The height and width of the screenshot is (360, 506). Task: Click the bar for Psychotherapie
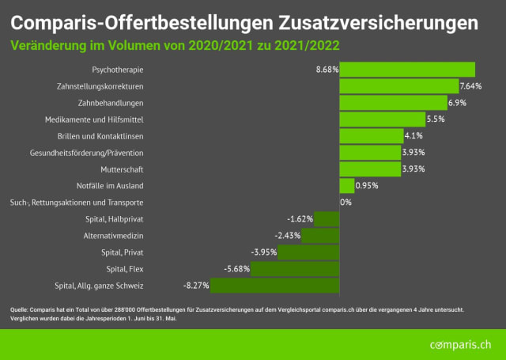point(407,69)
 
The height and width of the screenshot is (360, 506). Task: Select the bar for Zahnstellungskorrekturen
point(398,85)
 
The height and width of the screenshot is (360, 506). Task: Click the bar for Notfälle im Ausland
point(346,185)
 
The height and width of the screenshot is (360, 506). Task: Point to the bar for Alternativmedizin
point(320,235)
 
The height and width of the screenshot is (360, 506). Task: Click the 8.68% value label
point(327,69)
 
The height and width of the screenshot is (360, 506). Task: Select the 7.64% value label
point(471,85)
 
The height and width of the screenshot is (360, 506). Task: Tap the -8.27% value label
point(195,285)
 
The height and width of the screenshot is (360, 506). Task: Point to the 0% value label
point(346,202)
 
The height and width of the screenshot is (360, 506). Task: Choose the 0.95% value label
point(367,185)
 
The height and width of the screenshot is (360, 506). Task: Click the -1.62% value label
point(300,218)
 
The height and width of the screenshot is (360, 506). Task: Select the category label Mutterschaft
point(122,169)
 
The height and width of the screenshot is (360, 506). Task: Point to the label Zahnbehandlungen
point(111,102)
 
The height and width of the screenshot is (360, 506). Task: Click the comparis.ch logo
point(460,345)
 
